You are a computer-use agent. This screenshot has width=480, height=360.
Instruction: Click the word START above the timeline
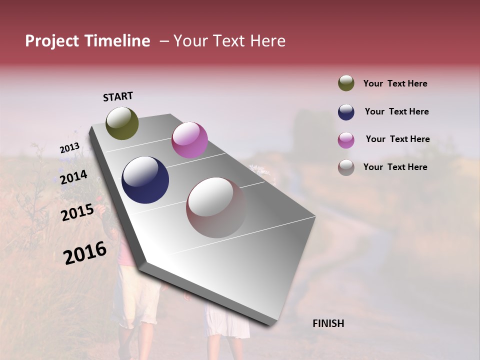pos(118,96)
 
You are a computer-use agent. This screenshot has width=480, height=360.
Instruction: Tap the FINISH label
pos(328,323)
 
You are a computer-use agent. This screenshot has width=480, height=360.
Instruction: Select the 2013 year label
pos(69,148)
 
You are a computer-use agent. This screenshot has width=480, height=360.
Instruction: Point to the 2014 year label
pos(73,177)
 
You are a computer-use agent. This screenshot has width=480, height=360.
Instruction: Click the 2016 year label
pos(85,253)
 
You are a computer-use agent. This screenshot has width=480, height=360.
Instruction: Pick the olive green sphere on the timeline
pos(122,123)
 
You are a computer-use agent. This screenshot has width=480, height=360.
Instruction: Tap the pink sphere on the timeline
pos(189,140)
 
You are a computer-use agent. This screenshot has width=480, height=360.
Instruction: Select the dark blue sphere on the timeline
pos(145,180)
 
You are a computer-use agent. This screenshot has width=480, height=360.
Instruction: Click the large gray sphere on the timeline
pos(216,207)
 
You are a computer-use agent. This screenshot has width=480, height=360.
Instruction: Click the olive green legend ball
pos(346,83)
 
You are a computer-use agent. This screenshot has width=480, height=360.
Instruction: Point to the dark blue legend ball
pos(346,112)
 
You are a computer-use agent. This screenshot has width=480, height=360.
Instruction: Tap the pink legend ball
pos(346,140)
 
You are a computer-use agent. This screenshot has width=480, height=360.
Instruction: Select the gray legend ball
pos(346,167)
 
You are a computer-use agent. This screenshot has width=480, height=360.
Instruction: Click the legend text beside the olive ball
pos(395,83)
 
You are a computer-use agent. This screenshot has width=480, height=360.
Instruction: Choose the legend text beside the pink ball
pos(397,139)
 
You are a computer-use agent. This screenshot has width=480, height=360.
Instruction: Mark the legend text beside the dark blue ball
pos(396,111)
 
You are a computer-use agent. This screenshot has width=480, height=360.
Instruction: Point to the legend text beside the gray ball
pos(395,167)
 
